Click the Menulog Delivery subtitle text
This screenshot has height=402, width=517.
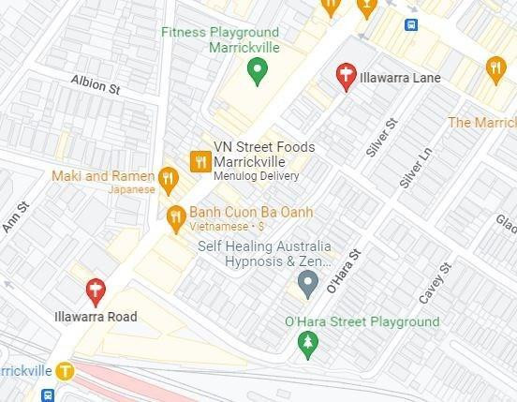tap(256, 176)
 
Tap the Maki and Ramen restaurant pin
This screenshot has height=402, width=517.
tap(168, 177)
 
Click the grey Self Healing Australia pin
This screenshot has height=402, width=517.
tap(307, 281)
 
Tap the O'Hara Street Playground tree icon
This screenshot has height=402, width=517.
tap(308, 346)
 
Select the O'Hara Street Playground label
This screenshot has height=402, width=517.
tap(362, 321)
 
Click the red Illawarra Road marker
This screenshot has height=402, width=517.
tap(95, 291)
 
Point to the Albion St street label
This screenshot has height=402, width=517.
tap(97, 87)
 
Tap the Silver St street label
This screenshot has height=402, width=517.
tap(382, 137)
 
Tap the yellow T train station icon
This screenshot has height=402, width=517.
tap(64, 370)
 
